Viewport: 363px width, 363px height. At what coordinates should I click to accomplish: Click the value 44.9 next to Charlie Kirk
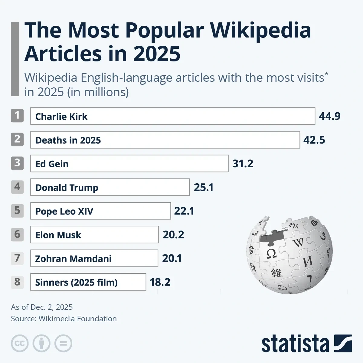pyautogui.click(x=329, y=116)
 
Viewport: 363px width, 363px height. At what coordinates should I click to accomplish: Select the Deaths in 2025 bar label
pyautogui.click(x=68, y=140)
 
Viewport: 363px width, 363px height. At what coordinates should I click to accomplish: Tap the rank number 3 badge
pyautogui.click(x=17, y=163)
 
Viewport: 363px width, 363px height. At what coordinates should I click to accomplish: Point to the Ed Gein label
pyautogui.click(x=52, y=164)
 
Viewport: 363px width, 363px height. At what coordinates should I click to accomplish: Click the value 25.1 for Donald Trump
pyautogui.click(x=204, y=188)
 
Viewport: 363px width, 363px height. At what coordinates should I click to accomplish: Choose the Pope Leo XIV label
pyautogui.click(x=64, y=211)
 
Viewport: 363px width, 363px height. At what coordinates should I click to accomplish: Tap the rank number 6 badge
pyautogui.click(x=17, y=234)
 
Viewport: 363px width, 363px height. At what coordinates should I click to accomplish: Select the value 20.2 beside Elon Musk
pyautogui.click(x=173, y=235)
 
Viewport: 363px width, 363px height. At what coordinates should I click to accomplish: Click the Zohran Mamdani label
pyautogui.click(x=73, y=259)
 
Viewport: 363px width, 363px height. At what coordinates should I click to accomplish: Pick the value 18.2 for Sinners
pyautogui.click(x=160, y=282)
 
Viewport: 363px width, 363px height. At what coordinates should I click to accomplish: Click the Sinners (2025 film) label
pyautogui.click(x=76, y=283)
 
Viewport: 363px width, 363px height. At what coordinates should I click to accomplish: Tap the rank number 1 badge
pyautogui.click(x=17, y=116)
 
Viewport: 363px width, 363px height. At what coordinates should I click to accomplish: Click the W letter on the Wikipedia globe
pyautogui.click(x=298, y=243)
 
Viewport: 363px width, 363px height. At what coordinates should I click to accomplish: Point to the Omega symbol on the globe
pyautogui.click(x=271, y=253)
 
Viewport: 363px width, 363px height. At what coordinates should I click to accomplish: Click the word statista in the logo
pyautogui.click(x=295, y=344)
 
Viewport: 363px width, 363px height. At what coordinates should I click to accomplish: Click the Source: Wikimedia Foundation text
pyautogui.click(x=64, y=319)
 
